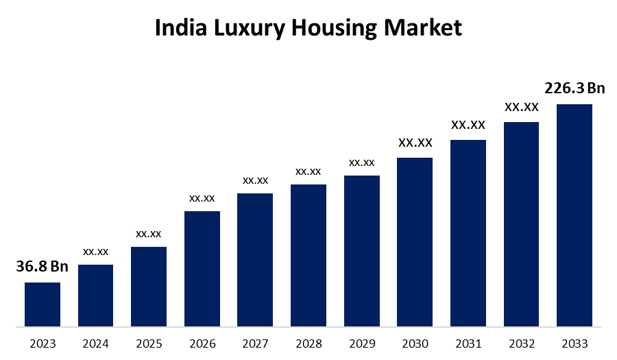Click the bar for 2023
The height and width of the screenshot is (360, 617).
point(43,304)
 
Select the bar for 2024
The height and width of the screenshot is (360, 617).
point(95,295)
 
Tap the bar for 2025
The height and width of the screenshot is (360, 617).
point(149,286)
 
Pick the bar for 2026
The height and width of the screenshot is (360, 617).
point(202,268)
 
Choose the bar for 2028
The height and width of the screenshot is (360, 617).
point(308,255)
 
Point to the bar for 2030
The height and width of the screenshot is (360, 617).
point(415,241)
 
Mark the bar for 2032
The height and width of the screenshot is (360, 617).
point(521,224)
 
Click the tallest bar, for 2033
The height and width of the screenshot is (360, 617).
point(574,215)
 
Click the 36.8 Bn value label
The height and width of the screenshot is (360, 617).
point(43,267)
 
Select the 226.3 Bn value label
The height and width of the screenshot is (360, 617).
point(574,88)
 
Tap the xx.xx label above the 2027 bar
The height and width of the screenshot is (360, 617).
point(255,180)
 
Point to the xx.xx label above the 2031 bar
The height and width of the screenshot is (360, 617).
point(468,125)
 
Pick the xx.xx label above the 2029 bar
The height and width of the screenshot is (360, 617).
point(361,163)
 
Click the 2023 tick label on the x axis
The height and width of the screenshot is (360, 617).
point(43,343)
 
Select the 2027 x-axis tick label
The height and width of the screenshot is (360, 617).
point(255,343)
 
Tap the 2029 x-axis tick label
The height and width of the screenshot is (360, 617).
point(361,343)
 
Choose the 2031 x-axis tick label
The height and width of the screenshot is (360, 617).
point(468,343)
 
